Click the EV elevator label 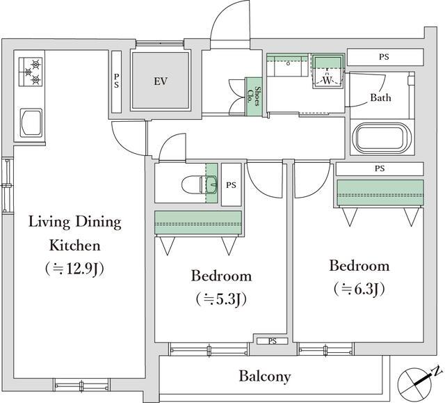[x=161, y=81]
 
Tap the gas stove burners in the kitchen [x=31, y=72]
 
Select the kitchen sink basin [x=31, y=123]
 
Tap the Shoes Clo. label [x=254, y=96]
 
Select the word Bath [x=380, y=97]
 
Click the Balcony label [x=265, y=377]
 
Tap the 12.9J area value [x=74, y=268]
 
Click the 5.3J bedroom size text [x=221, y=299]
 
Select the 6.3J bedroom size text [x=359, y=289]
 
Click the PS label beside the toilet [x=231, y=185]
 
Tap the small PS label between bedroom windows [x=273, y=341]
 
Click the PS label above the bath [x=384, y=57]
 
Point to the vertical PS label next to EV [x=116, y=81]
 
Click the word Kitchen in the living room [x=75, y=246]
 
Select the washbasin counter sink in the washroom [x=287, y=65]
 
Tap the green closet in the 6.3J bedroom [x=380, y=193]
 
